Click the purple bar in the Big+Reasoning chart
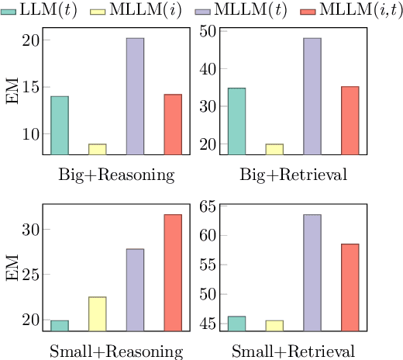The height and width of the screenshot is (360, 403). coord(135,96)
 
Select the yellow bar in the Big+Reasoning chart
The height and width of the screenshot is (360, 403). coord(97,149)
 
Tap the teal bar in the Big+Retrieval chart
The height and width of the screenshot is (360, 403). coord(237,121)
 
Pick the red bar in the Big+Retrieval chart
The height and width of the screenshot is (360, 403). coord(350,120)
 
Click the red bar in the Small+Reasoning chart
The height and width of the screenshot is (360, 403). coord(172,272)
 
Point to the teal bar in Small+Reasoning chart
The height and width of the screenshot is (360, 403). coord(60,325)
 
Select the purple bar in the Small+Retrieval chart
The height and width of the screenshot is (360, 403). coord(312,272)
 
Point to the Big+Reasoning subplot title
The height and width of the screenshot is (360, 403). coord(116,174)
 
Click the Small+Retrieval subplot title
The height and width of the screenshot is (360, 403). coord(294,351)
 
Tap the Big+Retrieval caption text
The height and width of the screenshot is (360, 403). coord(294,174)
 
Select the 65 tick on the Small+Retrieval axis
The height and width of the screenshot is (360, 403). coord(208,206)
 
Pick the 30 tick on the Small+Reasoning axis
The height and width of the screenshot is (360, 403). coord(29,230)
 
